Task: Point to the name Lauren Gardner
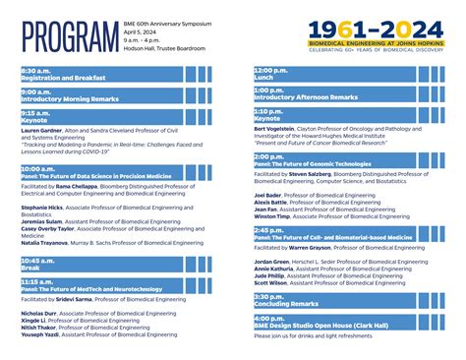click(x=40, y=130)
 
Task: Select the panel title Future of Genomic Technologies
click(x=314, y=164)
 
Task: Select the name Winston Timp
click(x=273, y=215)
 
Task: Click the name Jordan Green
click(x=272, y=262)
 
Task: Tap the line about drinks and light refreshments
click(x=314, y=335)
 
